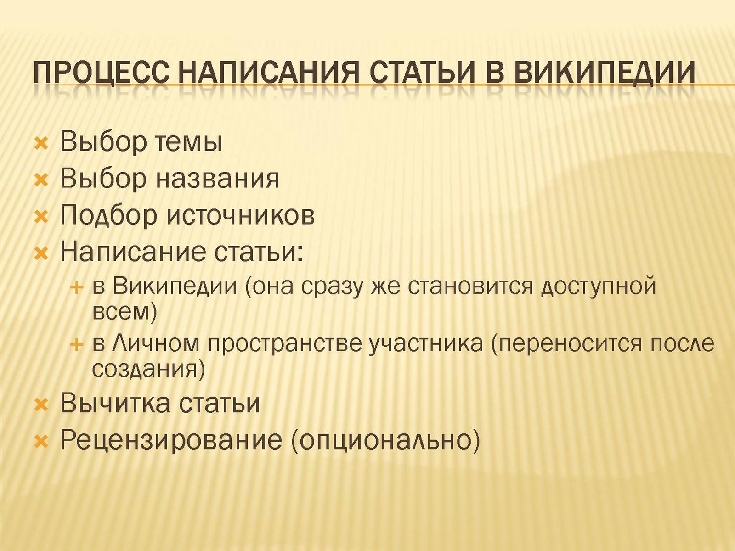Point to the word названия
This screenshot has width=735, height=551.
pos(218,180)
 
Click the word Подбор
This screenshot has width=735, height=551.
pos(108,217)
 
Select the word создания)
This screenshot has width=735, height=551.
pos(147,370)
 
